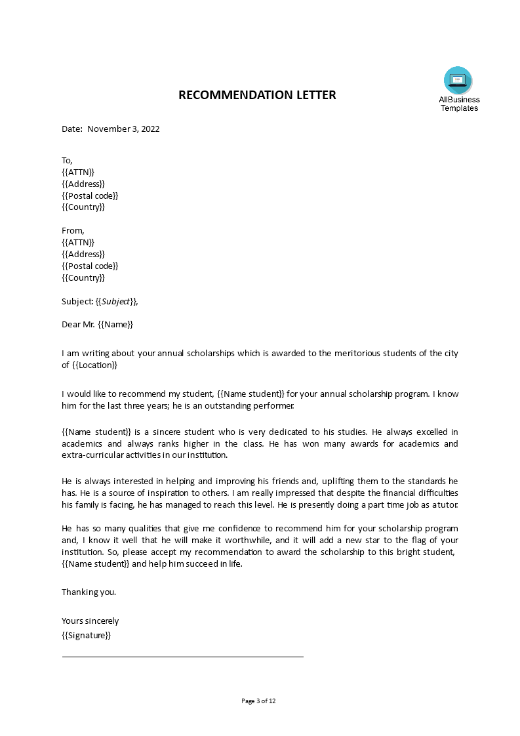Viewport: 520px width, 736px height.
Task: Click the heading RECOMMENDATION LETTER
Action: [x=257, y=95]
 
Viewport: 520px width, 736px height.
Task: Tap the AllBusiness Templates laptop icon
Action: [x=458, y=80]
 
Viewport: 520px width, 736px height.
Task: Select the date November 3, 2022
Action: [x=123, y=129]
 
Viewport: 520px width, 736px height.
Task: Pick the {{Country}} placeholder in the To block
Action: [x=83, y=207]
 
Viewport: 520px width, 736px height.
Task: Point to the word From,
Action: [x=73, y=230]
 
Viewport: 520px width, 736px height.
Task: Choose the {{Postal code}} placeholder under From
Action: [x=90, y=266]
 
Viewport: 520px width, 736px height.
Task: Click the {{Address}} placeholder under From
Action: [x=83, y=254]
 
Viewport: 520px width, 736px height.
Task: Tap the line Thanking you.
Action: [x=89, y=592]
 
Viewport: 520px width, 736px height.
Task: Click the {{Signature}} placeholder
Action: [x=86, y=635]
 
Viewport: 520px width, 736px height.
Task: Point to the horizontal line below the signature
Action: [x=182, y=656]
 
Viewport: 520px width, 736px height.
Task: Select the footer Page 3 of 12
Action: [x=259, y=701]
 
